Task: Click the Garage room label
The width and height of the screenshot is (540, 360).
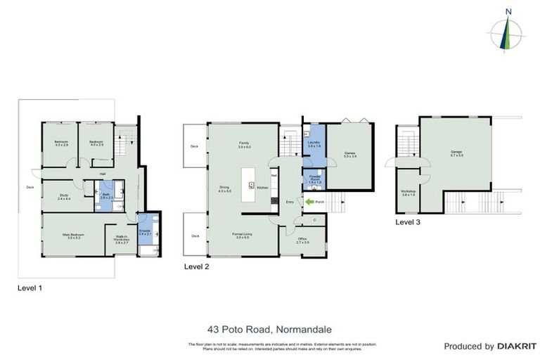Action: point(456,153)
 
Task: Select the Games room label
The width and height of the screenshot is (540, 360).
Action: point(349,154)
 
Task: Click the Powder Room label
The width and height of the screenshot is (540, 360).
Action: point(314,179)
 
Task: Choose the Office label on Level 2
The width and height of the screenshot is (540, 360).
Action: point(302,240)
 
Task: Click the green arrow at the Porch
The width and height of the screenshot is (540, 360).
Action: point(309,202)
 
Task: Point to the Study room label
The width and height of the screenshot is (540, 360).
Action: point(64,196)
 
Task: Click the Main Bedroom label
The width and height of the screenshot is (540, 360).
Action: point(75,236)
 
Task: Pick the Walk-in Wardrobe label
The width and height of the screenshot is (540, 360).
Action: point(121,240)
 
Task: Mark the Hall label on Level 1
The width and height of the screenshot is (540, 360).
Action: point(102,173)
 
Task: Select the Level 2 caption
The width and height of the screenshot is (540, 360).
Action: point(196,267)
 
